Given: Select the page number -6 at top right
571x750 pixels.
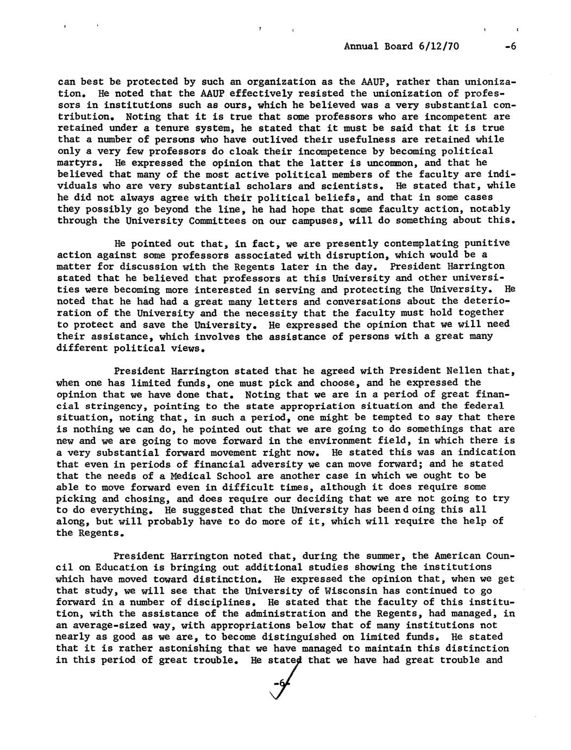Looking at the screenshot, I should [x=509, y=46].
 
